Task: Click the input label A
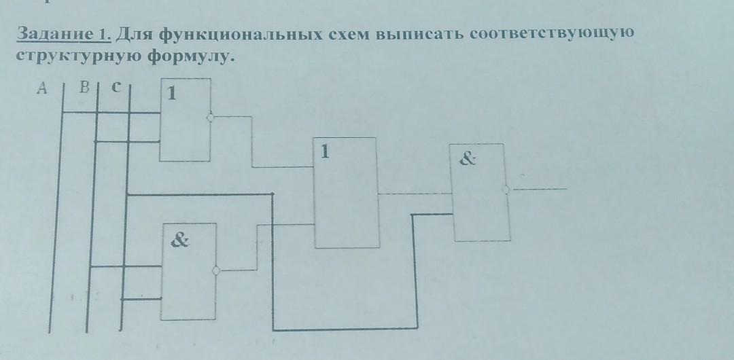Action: point(43,88)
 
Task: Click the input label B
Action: point(85,87)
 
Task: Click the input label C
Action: point(116,87)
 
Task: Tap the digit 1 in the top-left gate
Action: point(172,93)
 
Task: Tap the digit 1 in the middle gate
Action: point(325,152)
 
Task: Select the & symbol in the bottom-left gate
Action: point(180,240)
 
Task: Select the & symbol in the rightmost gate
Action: point(468,160)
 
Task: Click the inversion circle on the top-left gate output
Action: point(211,118)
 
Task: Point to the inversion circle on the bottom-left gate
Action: point(216,270)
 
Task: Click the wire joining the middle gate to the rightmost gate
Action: point(415,194)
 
